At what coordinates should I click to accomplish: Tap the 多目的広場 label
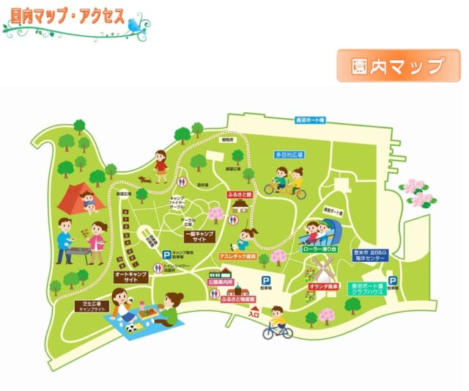click(289, 156)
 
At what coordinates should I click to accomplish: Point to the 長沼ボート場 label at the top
click(310, 119)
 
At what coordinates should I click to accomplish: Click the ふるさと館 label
click(240, 194)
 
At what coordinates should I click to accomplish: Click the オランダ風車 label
click(326, 287)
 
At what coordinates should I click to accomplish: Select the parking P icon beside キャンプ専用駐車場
click(166, 255)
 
